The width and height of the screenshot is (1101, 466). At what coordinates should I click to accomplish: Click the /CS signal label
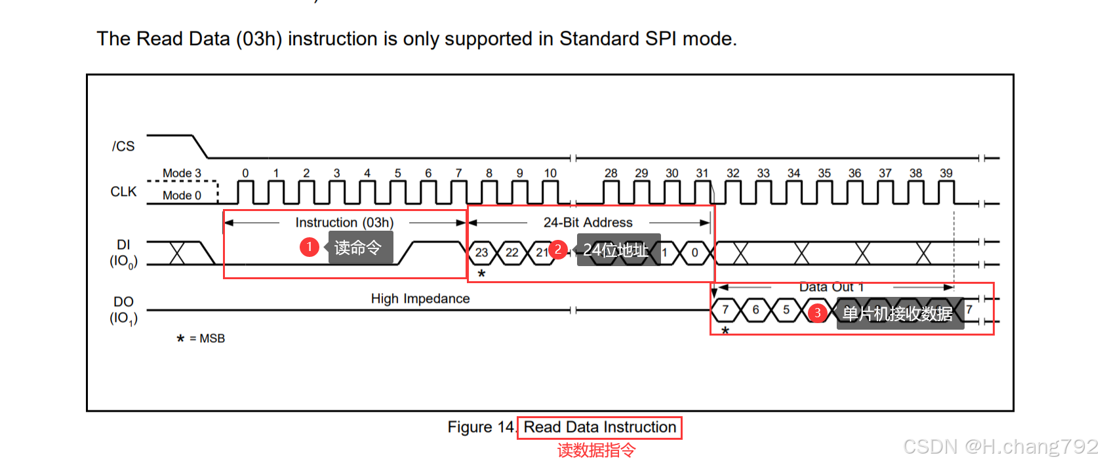123,146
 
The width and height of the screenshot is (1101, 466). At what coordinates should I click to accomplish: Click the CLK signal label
123,191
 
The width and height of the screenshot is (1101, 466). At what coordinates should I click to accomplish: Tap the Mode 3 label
182,173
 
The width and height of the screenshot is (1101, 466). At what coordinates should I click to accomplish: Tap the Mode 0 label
182,195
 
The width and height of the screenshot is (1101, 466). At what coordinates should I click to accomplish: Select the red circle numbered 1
309,247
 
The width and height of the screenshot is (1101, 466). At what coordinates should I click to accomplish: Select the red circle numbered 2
557,249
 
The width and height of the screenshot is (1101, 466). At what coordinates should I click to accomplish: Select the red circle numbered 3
817,313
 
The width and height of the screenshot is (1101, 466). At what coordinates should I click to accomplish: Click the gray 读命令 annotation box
360,248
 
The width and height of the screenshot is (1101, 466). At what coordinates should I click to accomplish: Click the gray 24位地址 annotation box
618,250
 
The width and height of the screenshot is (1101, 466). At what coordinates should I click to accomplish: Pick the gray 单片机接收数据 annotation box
899,314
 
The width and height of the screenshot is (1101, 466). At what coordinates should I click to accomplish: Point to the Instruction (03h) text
344,222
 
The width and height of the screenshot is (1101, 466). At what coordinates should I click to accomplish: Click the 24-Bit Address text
588,222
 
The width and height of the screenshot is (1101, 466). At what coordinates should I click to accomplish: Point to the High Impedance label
420,299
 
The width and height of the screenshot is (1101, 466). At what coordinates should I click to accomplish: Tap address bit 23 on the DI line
481,252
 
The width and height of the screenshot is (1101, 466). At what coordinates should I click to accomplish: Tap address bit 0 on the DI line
694,252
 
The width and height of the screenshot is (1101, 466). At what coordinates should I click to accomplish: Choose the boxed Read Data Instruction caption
599,427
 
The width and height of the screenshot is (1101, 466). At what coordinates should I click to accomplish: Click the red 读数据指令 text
596,450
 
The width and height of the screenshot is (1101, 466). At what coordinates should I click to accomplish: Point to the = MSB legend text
207,338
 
